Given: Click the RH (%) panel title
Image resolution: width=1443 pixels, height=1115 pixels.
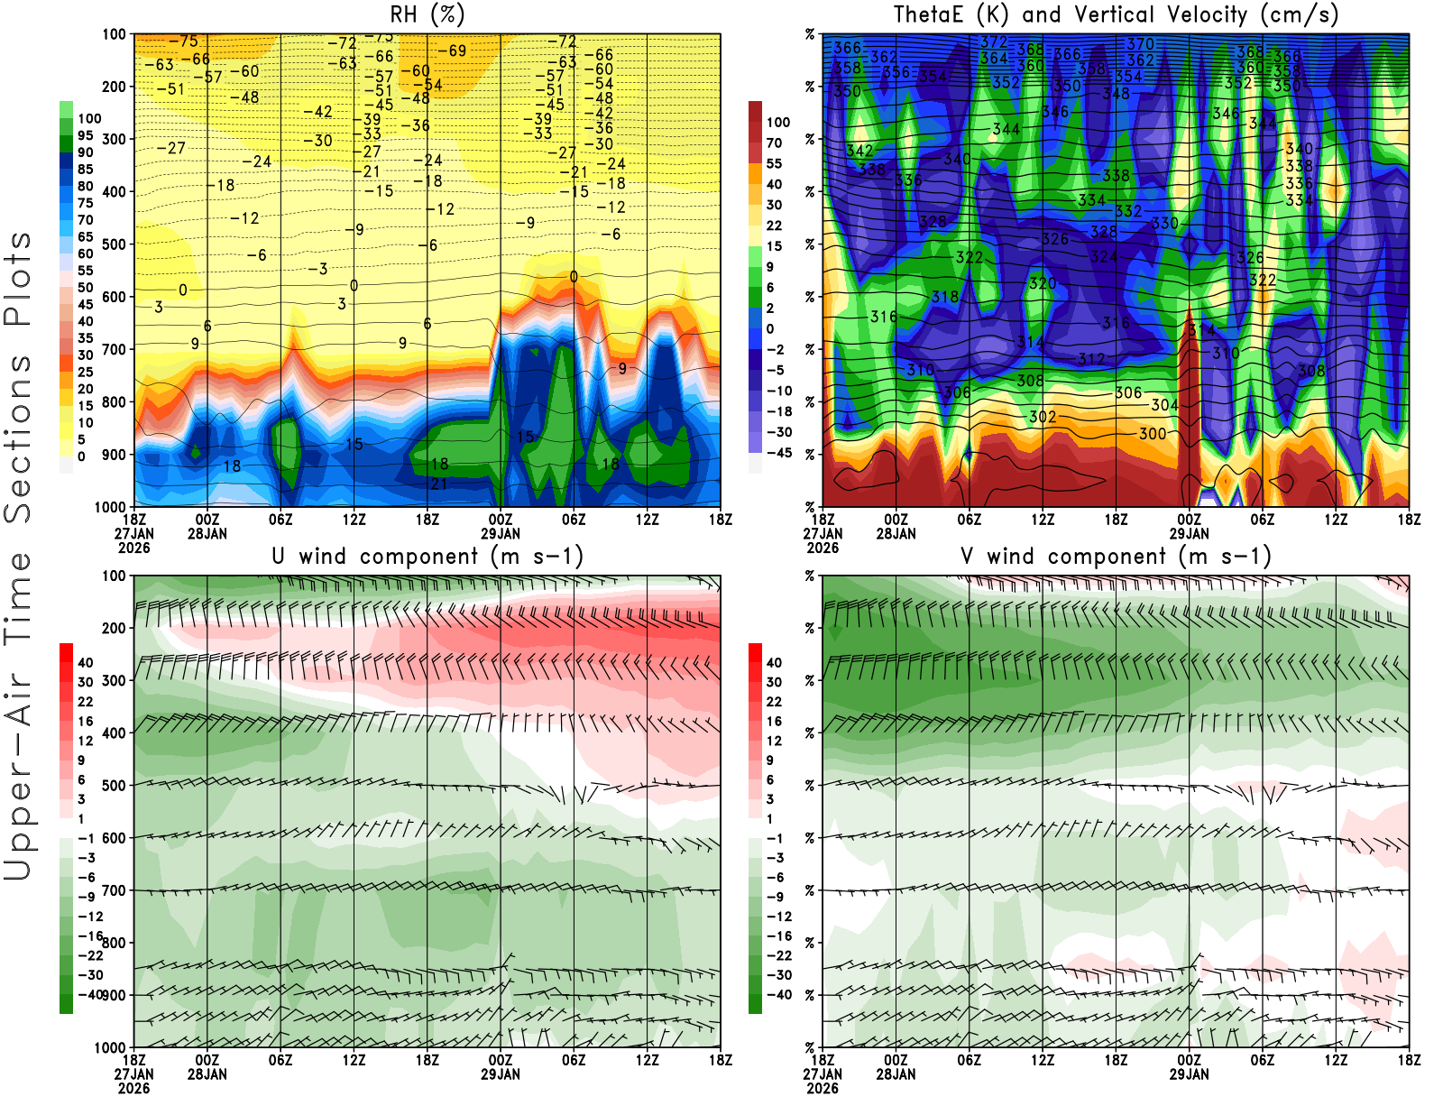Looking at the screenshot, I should pos(427,14).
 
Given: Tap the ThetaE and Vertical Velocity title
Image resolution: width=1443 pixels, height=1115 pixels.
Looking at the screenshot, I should pos(1116,14).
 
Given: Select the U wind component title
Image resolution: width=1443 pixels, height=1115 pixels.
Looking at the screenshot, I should pos(427,556).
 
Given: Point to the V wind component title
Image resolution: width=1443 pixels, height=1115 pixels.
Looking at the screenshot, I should pos(1116,556).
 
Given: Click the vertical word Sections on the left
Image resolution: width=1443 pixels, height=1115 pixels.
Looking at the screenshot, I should pos(18,438).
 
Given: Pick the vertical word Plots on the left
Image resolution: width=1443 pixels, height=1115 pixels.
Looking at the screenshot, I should pos(18,280).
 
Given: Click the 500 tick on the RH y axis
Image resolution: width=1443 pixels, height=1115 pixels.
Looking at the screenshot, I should pos(115,244).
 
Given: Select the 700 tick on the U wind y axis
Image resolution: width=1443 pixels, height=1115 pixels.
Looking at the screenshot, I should pos(115,891).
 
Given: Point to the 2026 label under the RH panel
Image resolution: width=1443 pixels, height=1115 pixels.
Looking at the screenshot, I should pos(134,548).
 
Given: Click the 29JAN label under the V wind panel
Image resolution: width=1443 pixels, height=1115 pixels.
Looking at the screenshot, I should pos(1189,1074).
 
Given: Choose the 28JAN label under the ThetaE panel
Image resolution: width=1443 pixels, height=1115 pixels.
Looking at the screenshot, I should pos(896,533).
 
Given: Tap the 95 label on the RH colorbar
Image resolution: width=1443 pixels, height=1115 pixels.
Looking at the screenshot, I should pos(85,135).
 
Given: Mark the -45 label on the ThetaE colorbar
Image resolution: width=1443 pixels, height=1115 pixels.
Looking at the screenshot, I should pos(778,453).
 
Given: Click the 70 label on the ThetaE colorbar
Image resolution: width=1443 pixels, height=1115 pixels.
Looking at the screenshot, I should pos(774,143).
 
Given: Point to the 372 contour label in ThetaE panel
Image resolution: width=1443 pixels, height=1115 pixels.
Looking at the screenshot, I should pos(993,42).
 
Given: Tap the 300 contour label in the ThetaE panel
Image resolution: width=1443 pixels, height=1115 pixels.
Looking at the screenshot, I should pos(1152,434).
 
